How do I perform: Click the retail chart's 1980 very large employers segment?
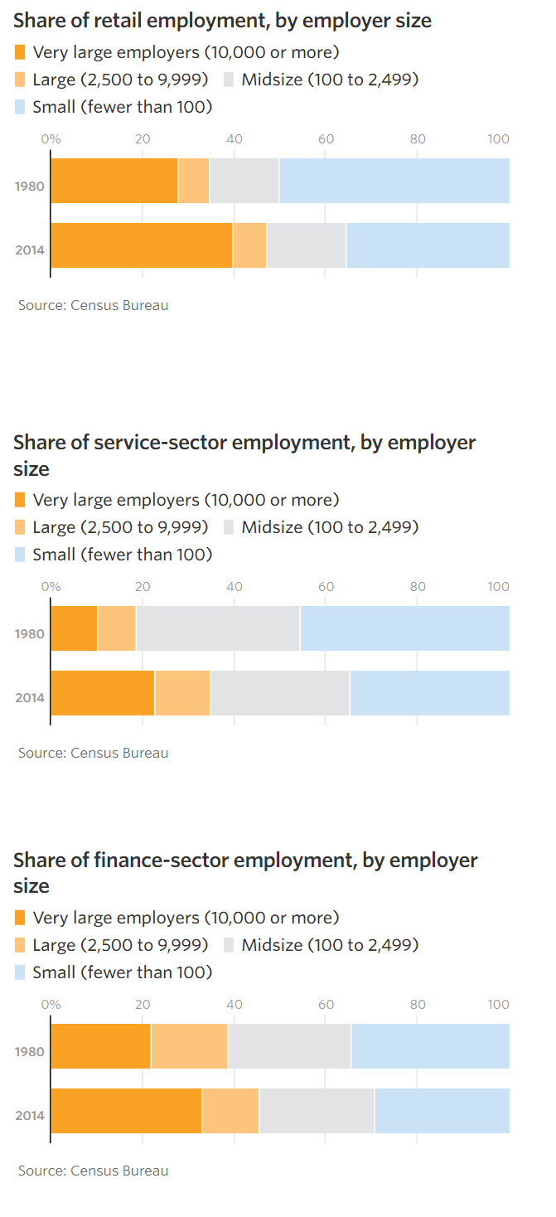click(x=114, y=180)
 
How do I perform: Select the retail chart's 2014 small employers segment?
click(x=428, y=245)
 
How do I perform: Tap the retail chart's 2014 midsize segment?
click(x=307, y=245)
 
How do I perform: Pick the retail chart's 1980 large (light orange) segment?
click(x=194, y=180)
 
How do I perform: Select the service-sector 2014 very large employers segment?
click(x=103, y=693)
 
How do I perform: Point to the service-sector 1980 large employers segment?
click(x=117, y=628)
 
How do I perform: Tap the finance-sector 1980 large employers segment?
click(x=189, y=1045)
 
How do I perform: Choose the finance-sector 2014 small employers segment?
click(x=442, y=1110)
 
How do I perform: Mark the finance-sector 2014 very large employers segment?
click(x=126, y=1110)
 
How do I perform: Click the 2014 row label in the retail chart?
click(x=30, y=250)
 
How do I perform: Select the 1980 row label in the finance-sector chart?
click(x=30, y=1051)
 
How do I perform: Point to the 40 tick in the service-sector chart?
click(x=234, y=587)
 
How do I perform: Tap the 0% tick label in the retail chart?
click(x=51, y=139)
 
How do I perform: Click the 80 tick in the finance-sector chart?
click(x=418, y=1005)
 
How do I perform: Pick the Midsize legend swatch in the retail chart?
click(x=230, y=80)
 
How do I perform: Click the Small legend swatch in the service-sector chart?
click(x=20, y=555)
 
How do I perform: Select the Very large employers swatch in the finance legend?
click(x=20, y=918)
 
